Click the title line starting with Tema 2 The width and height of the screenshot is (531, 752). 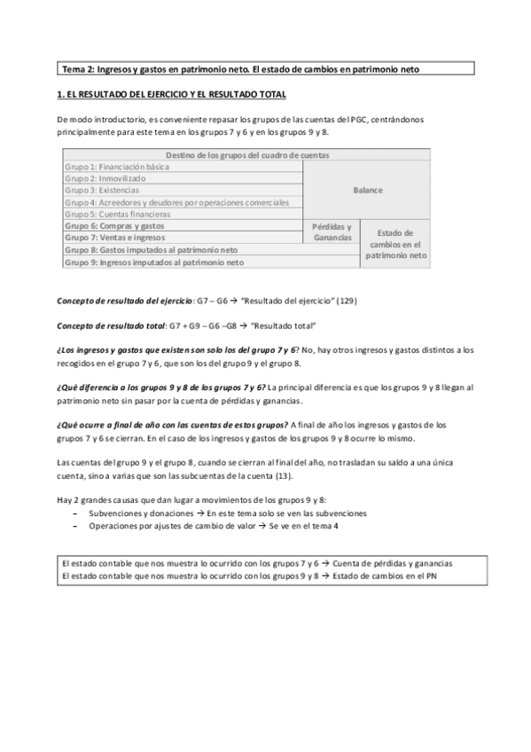point(239,68)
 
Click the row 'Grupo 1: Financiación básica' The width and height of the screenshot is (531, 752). point(117,167)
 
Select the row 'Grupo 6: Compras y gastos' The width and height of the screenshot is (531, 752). point(114,226)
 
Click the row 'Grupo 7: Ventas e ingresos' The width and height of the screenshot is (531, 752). point(116,239)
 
